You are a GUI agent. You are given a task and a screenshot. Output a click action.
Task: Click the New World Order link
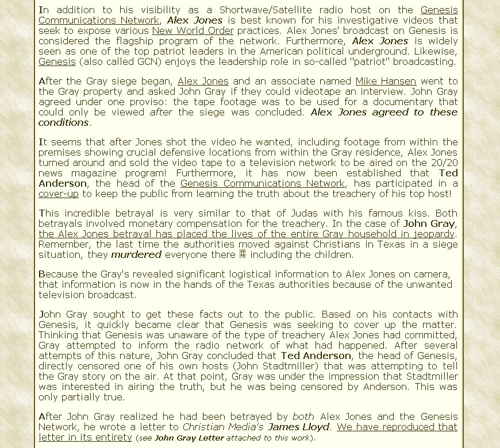point(193,30)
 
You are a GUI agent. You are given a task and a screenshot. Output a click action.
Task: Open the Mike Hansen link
point(386,81)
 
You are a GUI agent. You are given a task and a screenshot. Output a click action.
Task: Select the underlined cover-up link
point(59,194)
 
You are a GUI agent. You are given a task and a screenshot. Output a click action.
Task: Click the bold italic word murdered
point(136,254)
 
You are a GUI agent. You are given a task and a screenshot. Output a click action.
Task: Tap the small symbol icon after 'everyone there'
point(243,254)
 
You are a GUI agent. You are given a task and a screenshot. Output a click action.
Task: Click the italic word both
point(303,416)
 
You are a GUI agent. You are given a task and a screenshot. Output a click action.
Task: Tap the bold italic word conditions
point(64,122)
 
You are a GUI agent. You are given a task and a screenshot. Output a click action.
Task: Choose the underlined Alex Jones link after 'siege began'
point(203,81)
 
